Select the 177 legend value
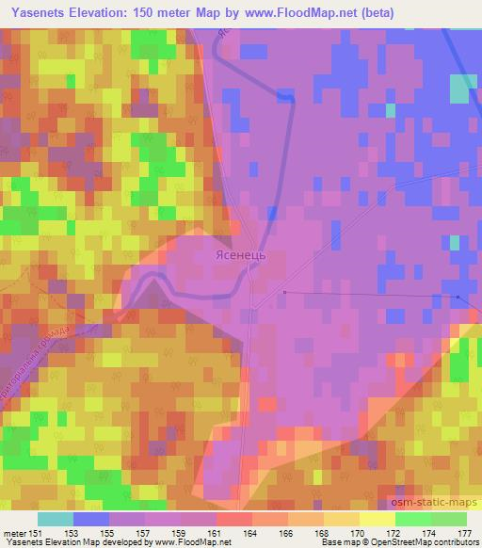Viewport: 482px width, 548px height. tap(465, 532)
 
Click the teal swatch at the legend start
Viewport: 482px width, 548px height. tap(56, 519)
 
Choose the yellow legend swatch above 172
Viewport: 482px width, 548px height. tap(377, 519)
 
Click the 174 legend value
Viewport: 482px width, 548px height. tap(430, 532)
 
